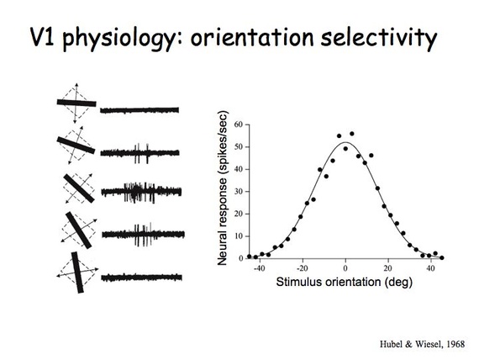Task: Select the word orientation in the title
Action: [252, 38]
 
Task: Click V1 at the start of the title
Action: [42, 37]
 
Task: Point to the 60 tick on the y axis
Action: [239, 124]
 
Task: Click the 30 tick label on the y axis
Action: [239, 192]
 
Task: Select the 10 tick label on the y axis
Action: [239, 236]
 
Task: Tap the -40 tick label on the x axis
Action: [259, 268]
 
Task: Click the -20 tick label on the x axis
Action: [302, 268]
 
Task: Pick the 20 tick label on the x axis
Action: [388, 268]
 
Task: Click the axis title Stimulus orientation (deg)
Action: [345, 282]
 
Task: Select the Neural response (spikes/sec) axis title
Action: [223, 188]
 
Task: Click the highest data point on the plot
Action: [352, 134]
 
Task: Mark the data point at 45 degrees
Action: [442, 258]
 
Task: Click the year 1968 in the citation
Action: [455, 344]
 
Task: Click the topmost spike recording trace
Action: [139, 110]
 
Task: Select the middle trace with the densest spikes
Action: [141, 192]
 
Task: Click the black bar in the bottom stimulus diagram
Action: [77, 273]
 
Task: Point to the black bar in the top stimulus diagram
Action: [76, 103]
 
